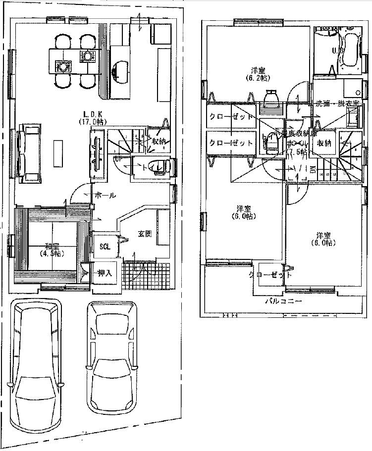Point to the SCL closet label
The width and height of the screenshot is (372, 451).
[105, 246]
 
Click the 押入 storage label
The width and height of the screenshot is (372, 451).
[105, 274]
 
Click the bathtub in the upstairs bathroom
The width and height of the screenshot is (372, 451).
[351, 50]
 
